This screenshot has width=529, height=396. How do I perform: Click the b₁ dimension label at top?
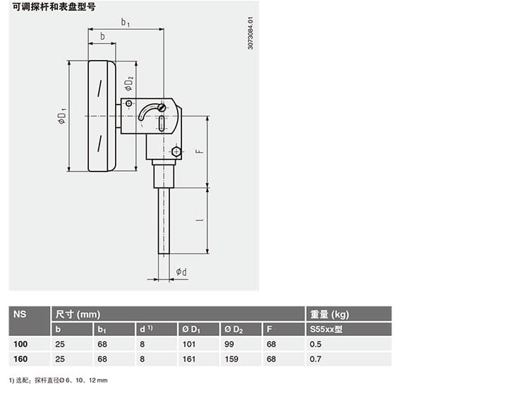click(x=126, y=23)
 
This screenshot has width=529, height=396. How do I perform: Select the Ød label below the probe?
click(x=181, y=272)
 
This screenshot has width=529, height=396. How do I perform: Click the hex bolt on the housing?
click(x=176, y=151)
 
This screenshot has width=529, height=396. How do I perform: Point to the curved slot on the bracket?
click(x=148, y=112)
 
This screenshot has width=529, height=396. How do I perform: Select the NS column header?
click(x=20, y=314)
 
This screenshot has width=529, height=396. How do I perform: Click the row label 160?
click(x=21, y=359)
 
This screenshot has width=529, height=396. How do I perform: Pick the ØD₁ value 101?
click(x=189, y=344)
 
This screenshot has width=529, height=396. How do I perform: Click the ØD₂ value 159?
click(x=231, y=359)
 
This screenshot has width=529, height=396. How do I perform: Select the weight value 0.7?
click(x=315, y=359)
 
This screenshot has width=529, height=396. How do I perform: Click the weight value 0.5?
click(x=315, y=344)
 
